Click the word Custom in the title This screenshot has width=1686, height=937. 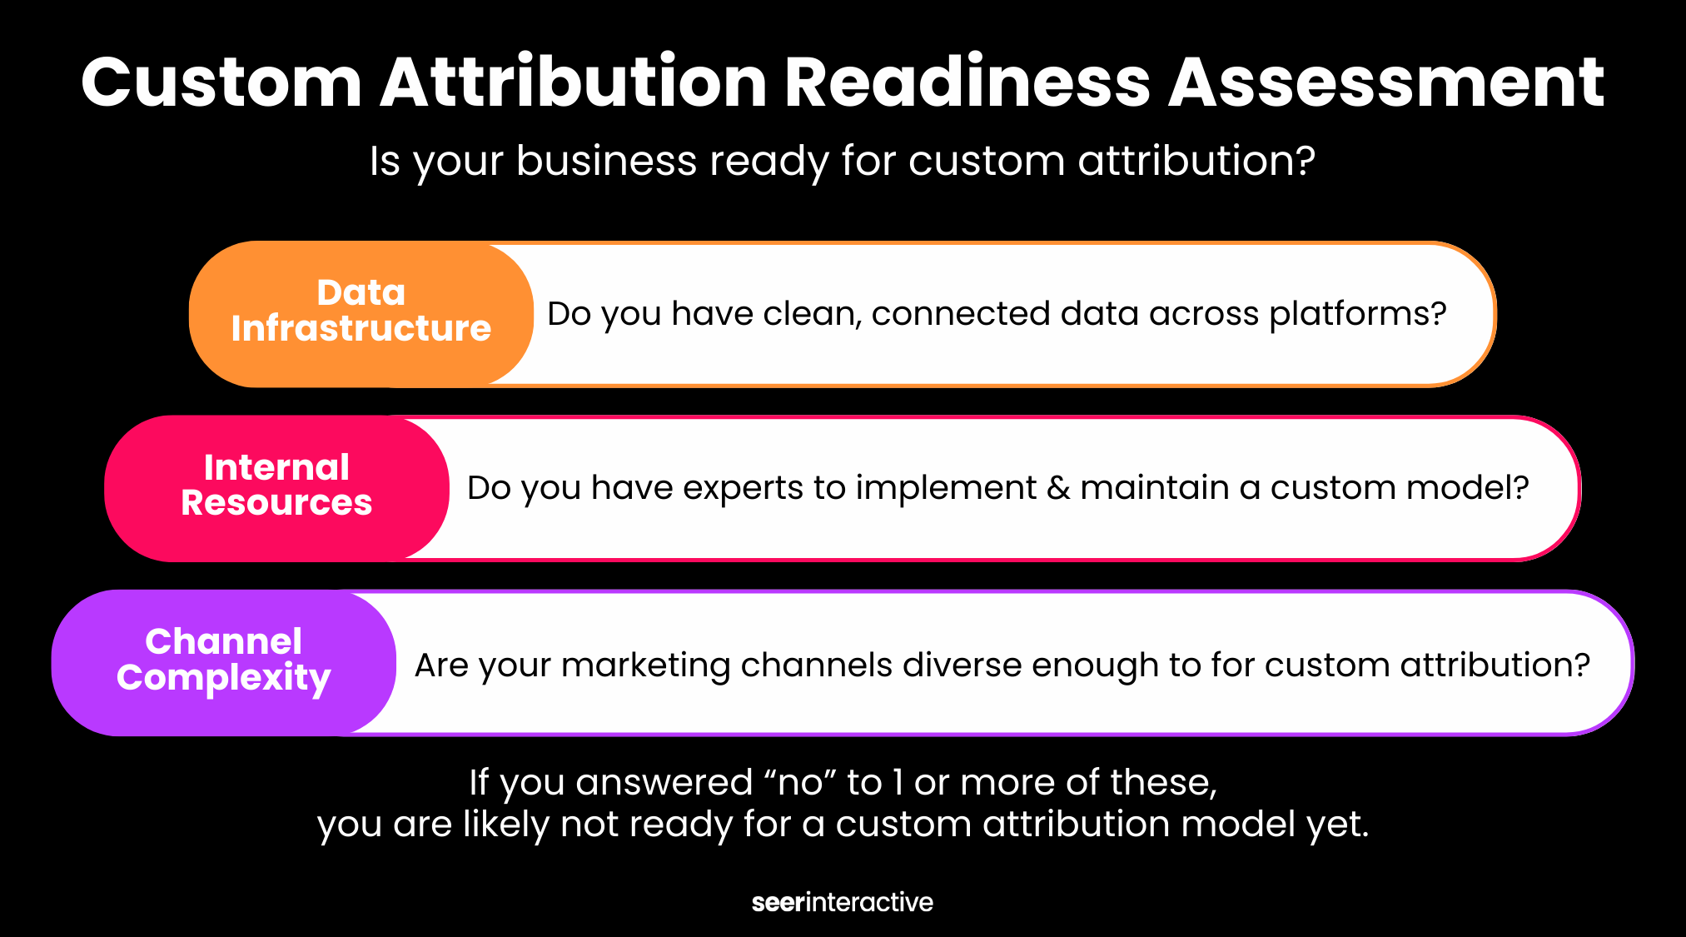click(221, 82)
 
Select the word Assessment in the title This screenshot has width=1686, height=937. click(1386, 82)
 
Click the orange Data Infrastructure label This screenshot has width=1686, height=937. click(361, 313)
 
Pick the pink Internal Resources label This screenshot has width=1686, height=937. click(276, 488)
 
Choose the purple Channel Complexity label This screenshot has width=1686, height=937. click(223, 662)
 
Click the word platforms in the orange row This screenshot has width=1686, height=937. click(1358, 315)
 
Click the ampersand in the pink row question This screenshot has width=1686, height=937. click(1058, 487)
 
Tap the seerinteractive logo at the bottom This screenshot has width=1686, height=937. click(843, 902)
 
